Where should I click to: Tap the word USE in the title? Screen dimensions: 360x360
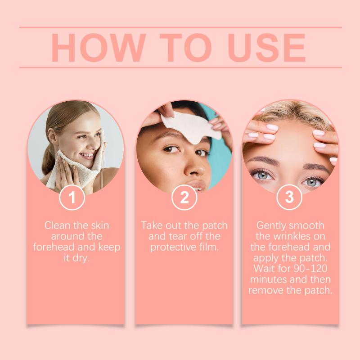[x=266, y=48]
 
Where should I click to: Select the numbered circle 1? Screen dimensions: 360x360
[x=72, y=197]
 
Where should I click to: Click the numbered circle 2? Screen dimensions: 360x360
[x=184, y=197]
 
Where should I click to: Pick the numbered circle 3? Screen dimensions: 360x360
[x=289, y=197]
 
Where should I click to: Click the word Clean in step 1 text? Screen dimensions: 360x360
[x=57, y=225]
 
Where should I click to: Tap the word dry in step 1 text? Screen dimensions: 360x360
[x=81, y=258]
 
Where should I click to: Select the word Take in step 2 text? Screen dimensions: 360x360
[x=152, y=225]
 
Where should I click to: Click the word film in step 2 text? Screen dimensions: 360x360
[x=210, y=247]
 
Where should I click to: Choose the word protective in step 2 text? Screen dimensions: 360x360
[x=174, y=247]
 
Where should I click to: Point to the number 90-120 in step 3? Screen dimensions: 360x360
[x=310, y=269]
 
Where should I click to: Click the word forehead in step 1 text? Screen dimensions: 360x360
[x=54, y=247]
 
